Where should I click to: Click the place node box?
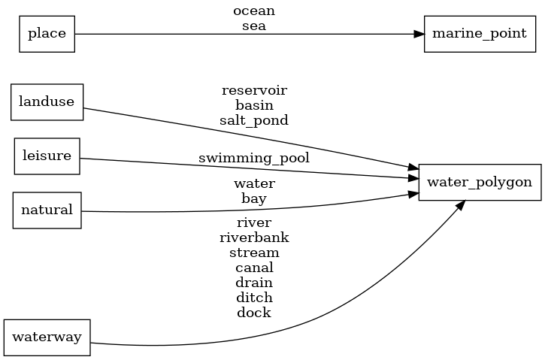point(47,34)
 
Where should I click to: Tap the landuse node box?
point(47,102)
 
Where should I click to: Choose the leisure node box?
point(47,156)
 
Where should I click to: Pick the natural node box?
point(47,210)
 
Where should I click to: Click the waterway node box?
point(47,337)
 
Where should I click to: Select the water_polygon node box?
point(480,182)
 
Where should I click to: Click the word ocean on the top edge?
point(254,11)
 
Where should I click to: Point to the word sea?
point(254,26)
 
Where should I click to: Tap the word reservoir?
point(254,90)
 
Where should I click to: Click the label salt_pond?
point(254,119)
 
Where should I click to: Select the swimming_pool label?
point(254,159)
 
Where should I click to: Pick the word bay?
point(254,198)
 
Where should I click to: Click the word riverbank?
point(254,237)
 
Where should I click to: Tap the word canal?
point(254,268)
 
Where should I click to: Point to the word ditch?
point(254,298)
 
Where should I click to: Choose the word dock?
point(254,313)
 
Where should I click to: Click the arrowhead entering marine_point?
point(419,34)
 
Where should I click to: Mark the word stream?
point(254,253)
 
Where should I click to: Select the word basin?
point(254,105)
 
